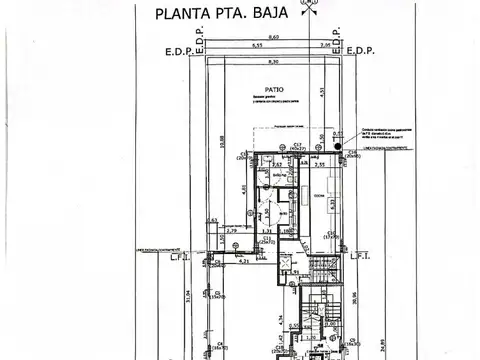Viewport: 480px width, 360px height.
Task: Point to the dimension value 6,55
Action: [257, 46]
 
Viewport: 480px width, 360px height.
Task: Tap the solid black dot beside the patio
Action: [338, 144]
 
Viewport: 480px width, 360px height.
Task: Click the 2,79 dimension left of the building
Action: [231, 231]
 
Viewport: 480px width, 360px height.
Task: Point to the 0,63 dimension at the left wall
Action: [212, 221]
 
